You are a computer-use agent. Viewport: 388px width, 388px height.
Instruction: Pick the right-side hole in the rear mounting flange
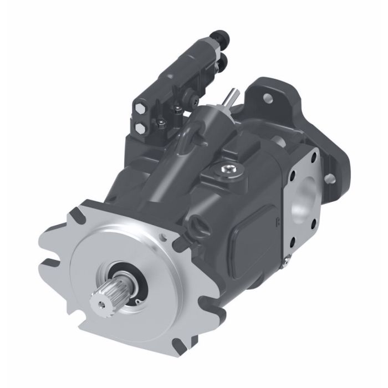tap(331, 177)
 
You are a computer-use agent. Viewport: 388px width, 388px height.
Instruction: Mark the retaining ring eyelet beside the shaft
tap(134, 300)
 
